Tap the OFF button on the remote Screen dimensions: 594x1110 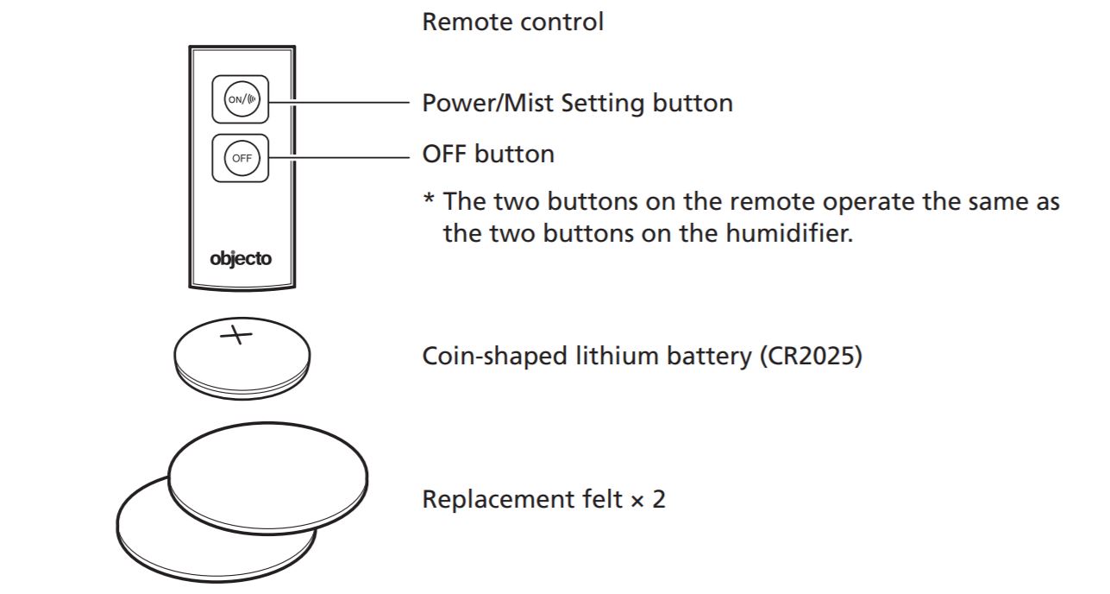tap(241, 158)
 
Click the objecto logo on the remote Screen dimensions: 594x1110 tap(241, 257)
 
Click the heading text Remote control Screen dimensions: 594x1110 tap(512, 22)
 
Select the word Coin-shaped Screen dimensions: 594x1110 tap(495, 357)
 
